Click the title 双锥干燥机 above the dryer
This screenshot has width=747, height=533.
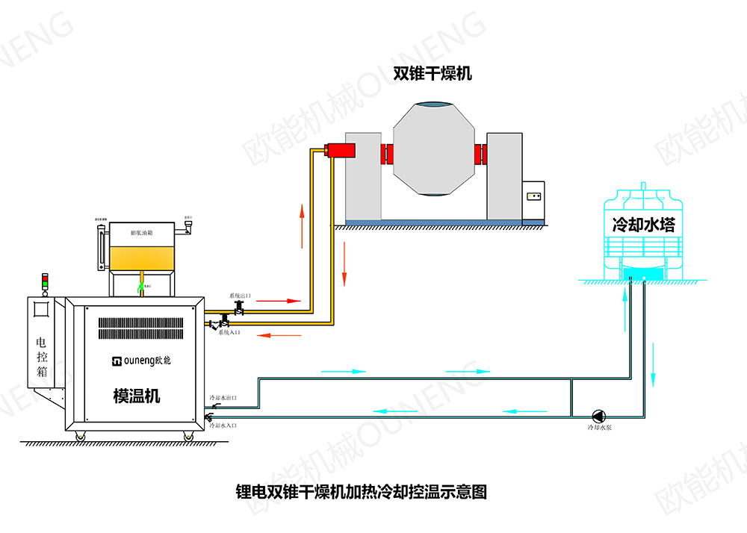point(433,73)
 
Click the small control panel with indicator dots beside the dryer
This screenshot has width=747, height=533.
point(535,197)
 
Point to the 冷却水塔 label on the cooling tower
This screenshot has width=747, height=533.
point(643,224)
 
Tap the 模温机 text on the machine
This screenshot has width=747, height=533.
point(136,396)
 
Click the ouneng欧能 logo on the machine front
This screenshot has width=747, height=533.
point(141,361)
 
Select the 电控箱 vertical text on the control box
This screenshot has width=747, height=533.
point(41,355)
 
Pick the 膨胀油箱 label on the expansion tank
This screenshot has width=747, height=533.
point(141,233)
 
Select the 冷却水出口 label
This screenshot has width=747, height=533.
point(223,398)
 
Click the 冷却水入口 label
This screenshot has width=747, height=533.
point(223,426)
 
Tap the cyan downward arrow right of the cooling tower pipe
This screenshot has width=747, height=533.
point(653,364)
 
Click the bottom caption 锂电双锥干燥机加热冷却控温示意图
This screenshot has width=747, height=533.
point(361,492)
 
